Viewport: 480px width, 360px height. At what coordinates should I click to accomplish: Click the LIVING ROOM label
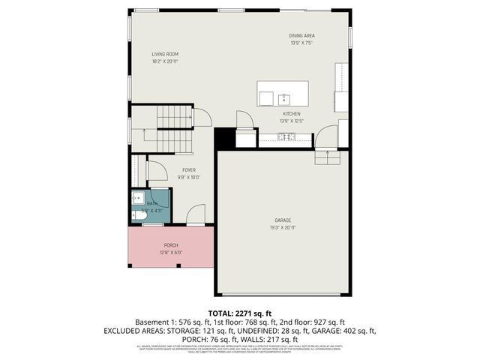point(164,54)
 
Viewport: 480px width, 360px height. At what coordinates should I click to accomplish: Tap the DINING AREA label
point(301,36)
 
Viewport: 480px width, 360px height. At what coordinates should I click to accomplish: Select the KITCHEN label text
point(291,113)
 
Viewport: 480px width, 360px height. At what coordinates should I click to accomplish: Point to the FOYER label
point(188,170)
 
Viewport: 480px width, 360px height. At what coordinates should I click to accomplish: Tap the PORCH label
point(171,245)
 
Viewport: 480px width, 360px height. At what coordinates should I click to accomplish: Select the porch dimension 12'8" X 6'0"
point(171,253)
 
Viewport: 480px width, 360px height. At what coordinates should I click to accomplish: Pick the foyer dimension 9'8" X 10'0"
point(188,178)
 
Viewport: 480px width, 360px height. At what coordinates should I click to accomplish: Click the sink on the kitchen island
point(284,98)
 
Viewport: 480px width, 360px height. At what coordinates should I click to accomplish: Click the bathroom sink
point(136,198)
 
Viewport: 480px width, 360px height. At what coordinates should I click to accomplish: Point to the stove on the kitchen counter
point(286,136)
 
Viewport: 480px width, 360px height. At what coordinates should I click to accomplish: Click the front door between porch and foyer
point(196,214)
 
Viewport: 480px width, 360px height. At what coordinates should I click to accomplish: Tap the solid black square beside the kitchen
point(224,139)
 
